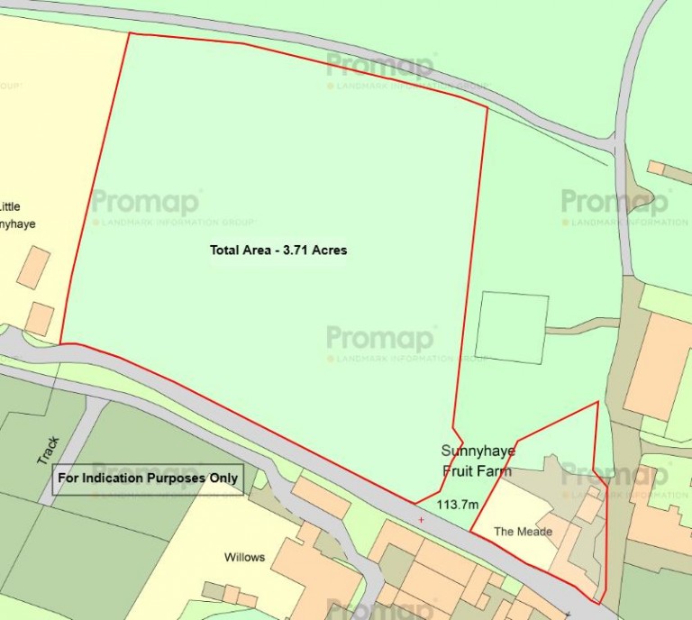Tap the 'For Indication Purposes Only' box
click(x=149, y=479)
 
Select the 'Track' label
click(x=48, y=451)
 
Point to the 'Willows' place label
click(x=244, y=557)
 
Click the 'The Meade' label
click(x=523, y=532)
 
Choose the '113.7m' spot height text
click(x=457, y=505)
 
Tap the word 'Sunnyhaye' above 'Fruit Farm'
click(x=476, y=451)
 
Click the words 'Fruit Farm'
click(x=477, y=470)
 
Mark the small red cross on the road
click(x=421, y=520)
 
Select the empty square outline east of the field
click(x=511, y=327)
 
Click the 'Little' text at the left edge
click(x=11, y=205)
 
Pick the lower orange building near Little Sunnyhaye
click(x=40, y=319)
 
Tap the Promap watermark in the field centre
click(x=380, y=339)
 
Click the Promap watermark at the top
click(x=380, y=66)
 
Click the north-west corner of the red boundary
click(x=130, y=34)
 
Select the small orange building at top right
click(x=656, y=169)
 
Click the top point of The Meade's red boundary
click(x=597, y=402)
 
